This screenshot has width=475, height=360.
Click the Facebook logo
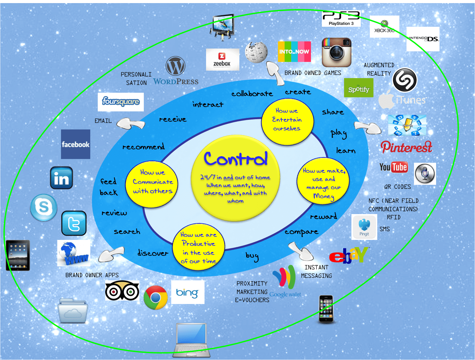[x=75, y=144]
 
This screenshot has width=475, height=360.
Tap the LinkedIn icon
[x=61, y=178]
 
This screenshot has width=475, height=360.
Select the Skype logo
[x=44, y=208]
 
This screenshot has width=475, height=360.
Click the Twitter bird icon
[x=74, y=223]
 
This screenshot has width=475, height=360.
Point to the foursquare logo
[x=120, y=102]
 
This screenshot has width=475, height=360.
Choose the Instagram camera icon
[x=336, y=52]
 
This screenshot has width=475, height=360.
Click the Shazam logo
[x=405, y=80]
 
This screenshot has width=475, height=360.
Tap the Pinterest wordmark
[x=406, y=147]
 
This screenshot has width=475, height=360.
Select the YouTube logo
[x=393, y=167]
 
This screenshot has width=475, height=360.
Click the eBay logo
[x=349, y=255]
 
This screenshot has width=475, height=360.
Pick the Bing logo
[x=187, y=292]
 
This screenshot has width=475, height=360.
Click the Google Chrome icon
[x=155, y=297]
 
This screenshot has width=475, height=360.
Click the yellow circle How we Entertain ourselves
[x=287, y=121]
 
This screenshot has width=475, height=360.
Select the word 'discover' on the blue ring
[x=153, y=253]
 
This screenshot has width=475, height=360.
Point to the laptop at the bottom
[x=191, y=340]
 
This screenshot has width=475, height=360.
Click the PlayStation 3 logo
[x=341, y=19]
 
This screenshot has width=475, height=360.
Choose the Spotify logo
[x=359, y=88]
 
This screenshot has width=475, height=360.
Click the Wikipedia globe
[x=256, y=52]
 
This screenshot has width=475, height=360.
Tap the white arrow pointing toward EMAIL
[x=131, y=124]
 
